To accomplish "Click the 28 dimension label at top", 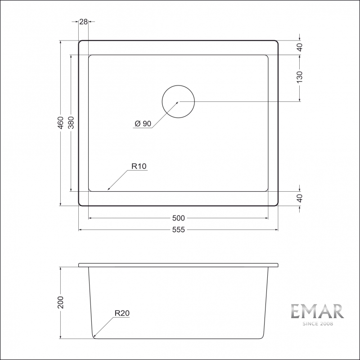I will pyautogui.click(x=83, y=22).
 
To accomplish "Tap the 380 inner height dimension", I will pyautogui.click(x=71, y=123).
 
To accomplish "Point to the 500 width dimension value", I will pyautogui.click(x=179, y=218).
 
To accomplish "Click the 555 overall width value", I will pyautogui.click(x=179, y=230).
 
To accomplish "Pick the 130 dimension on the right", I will pyautogui.click(x=300, y=76).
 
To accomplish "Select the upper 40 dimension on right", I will pyautogui.click(x=300, y=47).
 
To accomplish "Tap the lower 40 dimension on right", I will pyautogui.click(x=300, y=198).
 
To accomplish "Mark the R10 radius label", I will pyautogui.click(x=139, y=166).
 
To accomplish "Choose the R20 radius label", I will pyautogui.click(x=122, y=313).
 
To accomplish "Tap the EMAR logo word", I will pyautogui.click(x=317, y=312).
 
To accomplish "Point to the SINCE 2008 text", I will pyautogui.click(x=317, y=324).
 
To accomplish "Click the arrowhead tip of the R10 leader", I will pyautogui.click(x=107, y=190).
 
